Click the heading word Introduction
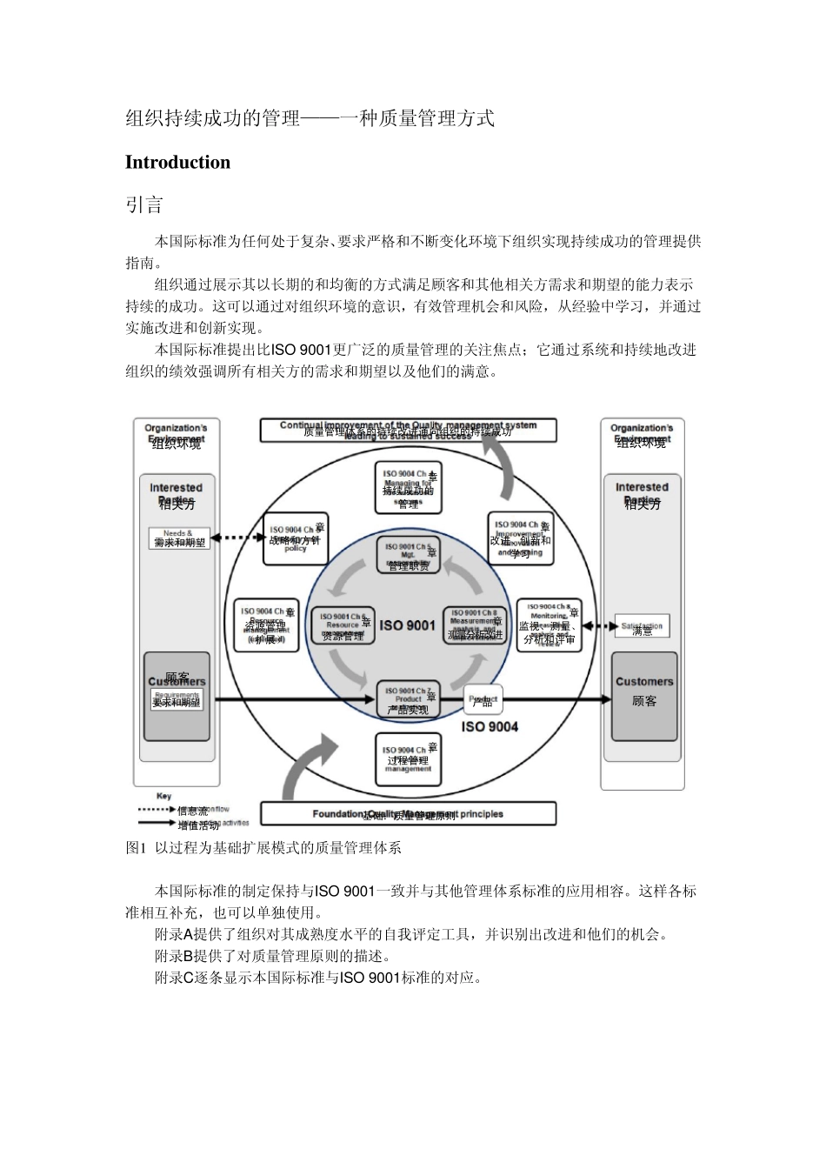pyautogui.click(x=177, y=163)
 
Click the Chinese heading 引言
pyautogui.click(x=144, y=205)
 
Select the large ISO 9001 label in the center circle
pyautogui.click(x=407, y=625)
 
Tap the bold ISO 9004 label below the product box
pyautogui.click(x=490, y=726)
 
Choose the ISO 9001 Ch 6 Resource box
pyautogui.click(x=343, y=625)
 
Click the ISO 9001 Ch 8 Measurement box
pyautogui.click(x=475, y=625)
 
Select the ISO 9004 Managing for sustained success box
pyautogui.click(x=408, y=490)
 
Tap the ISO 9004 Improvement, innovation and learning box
pyautogui.click(x=520, y=538)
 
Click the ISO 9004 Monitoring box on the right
pyautogui.click(x=548, y=625)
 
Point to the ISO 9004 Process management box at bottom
pyautogui.click(x=408, y=759)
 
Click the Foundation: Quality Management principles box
pyautogui.click(x=408, y=814)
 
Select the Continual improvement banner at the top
pyautogui.click(x=408, y=431)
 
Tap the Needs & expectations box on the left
pyautogui.click(x=180, y=538)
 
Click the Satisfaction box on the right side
pyautogui.click(x=643, y=626)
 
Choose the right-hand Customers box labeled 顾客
pyautogui.click(x=643, y=696)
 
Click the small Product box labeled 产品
pyautogui.click(x=483, y=699)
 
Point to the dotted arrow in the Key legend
pyautogui.click(x=156, y=810)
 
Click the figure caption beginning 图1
pyautogui.click(x=263, y=847)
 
